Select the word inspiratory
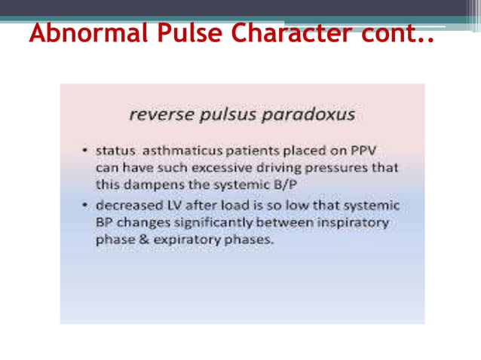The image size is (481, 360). pyautogui.click(x=354, y=223)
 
